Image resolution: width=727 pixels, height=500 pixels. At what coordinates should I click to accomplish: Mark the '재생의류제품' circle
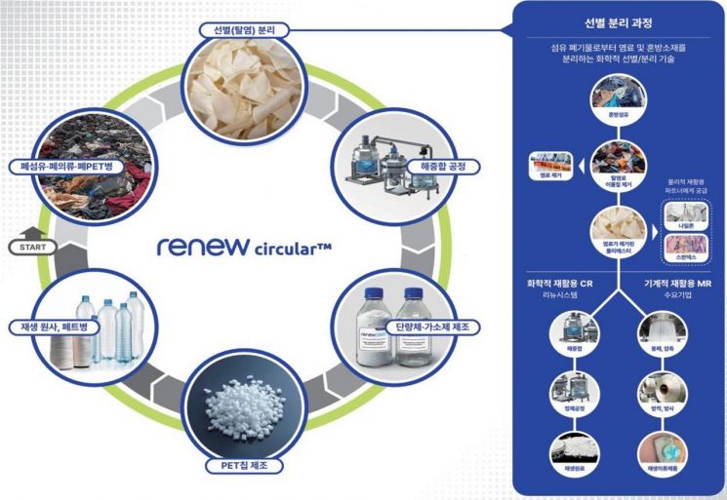pos(661,454)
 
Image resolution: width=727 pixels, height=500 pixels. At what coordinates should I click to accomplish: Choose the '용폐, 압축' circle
pos(662,337)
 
